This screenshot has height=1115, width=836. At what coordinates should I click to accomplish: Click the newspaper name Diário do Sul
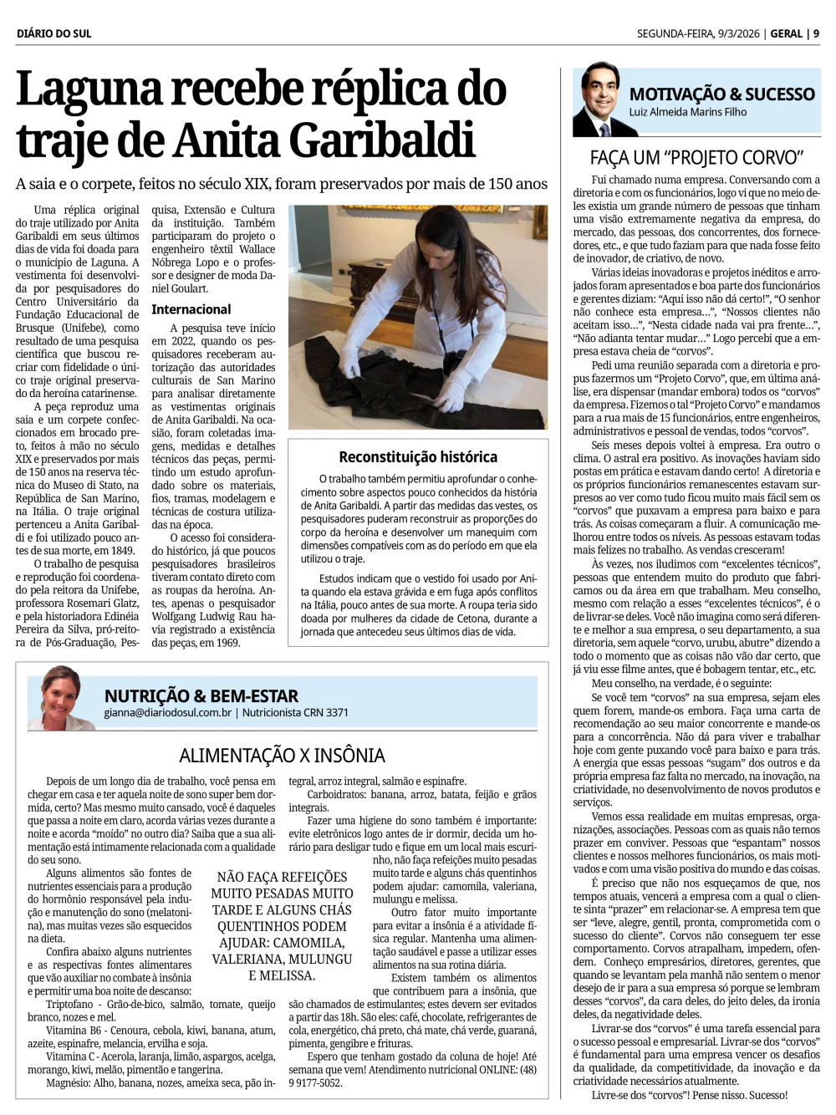pos(54,33)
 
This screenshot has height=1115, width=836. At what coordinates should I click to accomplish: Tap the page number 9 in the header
pos(816,33)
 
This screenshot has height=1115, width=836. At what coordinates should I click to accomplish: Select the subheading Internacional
pos(191,309)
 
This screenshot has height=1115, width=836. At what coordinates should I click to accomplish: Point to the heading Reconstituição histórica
pos(418,456)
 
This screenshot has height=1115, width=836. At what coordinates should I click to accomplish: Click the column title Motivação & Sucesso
pos(721,94)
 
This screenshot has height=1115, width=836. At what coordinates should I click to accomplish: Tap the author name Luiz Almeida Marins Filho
pos(688,112)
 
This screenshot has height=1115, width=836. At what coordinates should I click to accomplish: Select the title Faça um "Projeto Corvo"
pos(696,157)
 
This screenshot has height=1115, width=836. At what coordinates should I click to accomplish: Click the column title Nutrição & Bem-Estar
pos(201,695)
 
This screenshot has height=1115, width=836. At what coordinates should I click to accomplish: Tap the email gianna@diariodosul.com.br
pos(168,713)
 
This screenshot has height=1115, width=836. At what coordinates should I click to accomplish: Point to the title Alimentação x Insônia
pos(282,756)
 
